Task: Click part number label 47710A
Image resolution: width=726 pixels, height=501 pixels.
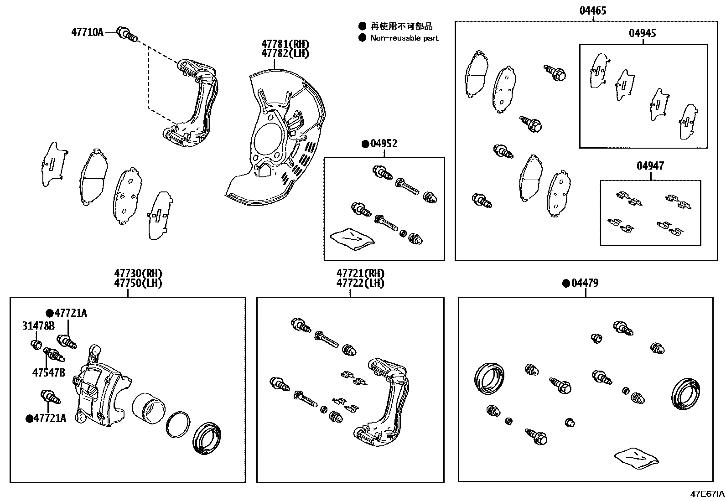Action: tap(88, 32)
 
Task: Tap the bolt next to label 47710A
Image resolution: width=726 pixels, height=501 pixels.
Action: tap(126, 33)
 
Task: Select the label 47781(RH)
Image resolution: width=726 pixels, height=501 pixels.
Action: tap(285, 44)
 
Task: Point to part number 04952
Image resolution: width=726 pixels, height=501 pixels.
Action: tap(384, 144)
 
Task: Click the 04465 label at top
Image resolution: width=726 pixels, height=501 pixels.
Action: tap(593, 10)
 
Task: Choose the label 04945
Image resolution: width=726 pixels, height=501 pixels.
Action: tap(643, 33)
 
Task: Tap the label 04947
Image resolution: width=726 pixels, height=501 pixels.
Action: tap(650, 166)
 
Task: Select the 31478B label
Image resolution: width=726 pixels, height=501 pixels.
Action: tap(38, 325)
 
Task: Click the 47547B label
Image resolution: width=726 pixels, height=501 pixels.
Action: tap(48, 373)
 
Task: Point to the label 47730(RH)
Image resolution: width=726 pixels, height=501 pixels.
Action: tap(138, 274)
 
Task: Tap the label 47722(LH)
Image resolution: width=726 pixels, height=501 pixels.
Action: tap(360, 283)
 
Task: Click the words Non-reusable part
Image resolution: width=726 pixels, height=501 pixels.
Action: tap(404, 38)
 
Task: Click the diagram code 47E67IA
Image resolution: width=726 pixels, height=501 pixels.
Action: tap(706, 494)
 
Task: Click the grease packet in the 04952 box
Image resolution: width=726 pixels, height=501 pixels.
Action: tap(352, 238)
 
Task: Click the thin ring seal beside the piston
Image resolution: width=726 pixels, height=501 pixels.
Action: tap(178, 425)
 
